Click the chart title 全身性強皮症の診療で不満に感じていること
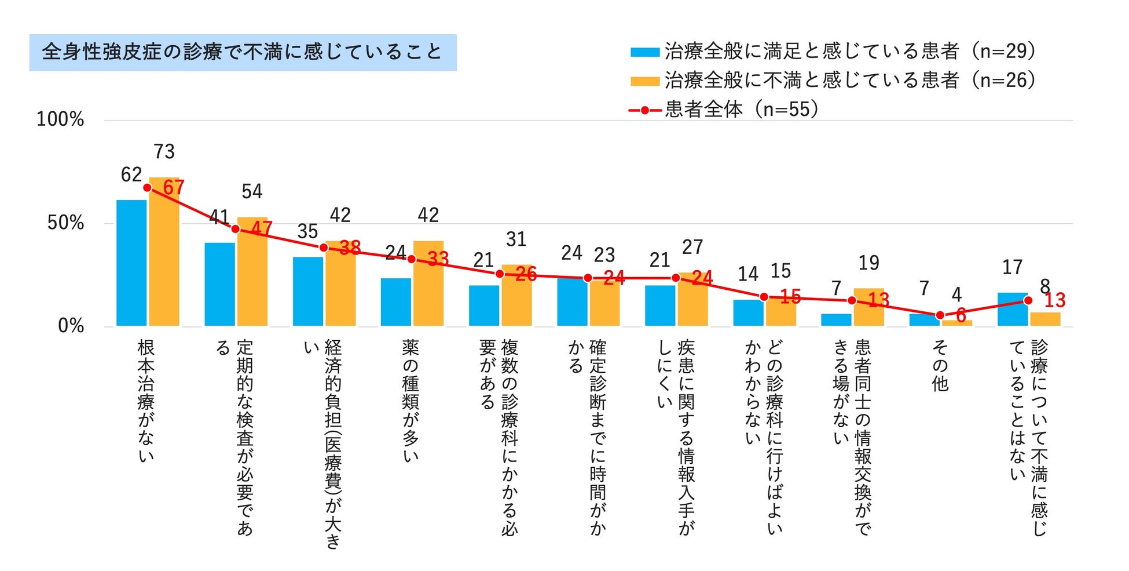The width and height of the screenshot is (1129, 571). coord(242,52)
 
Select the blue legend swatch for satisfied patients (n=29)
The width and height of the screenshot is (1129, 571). coord(644,52)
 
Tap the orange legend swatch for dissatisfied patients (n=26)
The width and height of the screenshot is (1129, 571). coord(644,81)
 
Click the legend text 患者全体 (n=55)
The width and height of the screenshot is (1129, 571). coord(741,109)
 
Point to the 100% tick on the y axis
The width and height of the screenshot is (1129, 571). coord(60,120)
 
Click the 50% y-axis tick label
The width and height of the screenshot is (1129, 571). coord(65,223)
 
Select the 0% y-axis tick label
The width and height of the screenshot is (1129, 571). coord(71,326)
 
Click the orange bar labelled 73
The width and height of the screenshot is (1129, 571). coord(164,255)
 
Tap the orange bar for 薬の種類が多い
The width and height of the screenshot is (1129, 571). coord(428,284)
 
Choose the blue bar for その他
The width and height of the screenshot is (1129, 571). coord(924,320)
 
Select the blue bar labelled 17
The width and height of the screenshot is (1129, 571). coord(1012,309)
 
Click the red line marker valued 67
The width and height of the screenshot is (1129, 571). coord(148,188)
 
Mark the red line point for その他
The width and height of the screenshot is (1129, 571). coord(940,315)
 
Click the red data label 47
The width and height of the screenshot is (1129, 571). coord(262,228)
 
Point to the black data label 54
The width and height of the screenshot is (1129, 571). coord(252,192)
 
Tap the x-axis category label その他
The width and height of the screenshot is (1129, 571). coord(940,366)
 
